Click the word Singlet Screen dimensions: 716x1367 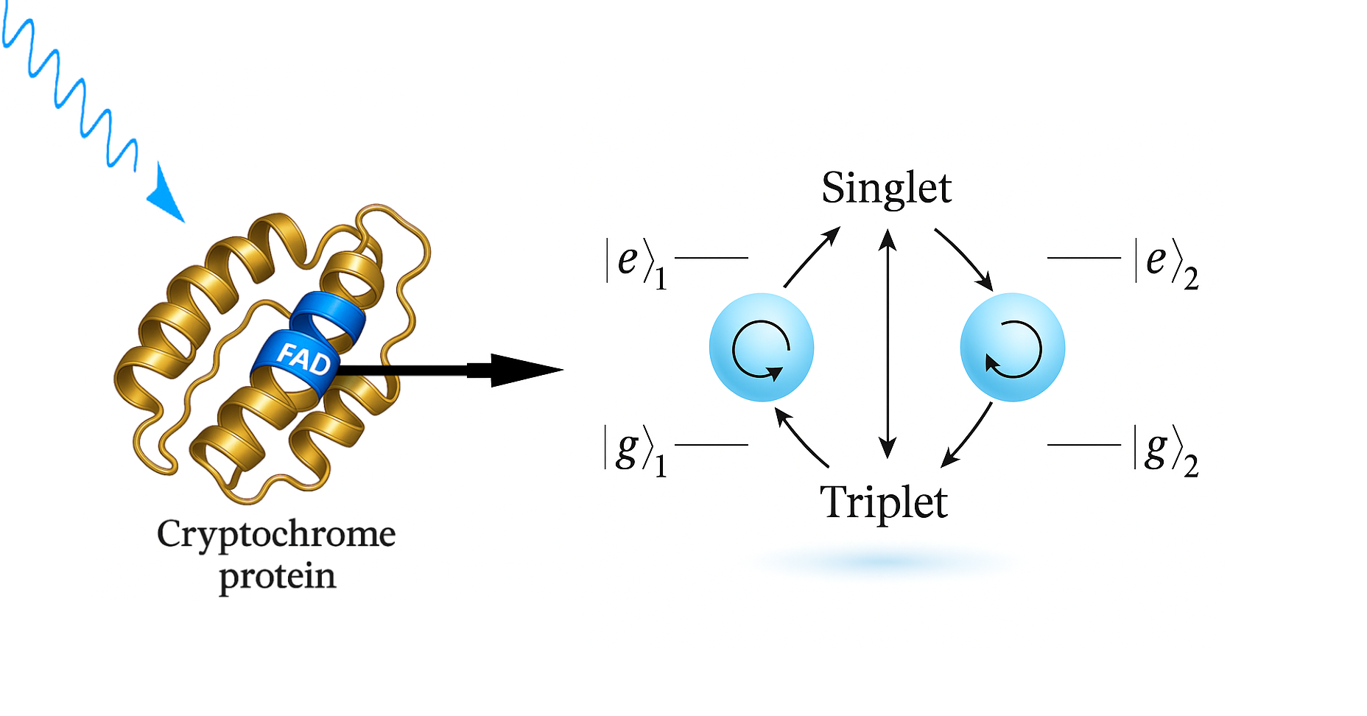pyautogui.click(x=886, y=188)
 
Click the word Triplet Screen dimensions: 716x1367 pyautogui.click(x=884, y=502)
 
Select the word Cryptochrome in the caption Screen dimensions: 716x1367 pyautogui.click(x=276, y=535)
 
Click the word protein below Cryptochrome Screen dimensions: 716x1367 pyautogui.click(x=277, y=576)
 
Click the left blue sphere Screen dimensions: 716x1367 pyautogui.click(x=762, y=347)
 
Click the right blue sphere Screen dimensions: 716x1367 pyautogui.click(x=1012, y=347)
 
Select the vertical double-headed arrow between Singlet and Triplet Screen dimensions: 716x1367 pyautogui.click(x=888, y=343)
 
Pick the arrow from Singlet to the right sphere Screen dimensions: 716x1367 pyautogui.click(x=964, y=259)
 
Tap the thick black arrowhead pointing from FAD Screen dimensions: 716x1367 pyautogui.click(x=524, y=370)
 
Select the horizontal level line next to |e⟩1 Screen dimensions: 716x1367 pyautogui.click(x=711, y=258)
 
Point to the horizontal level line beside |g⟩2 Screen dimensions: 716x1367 pyautogui.click(x=1083, y=445)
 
